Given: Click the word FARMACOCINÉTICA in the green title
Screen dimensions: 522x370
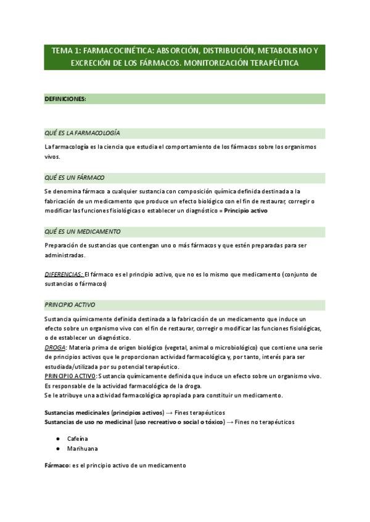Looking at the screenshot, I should (x=107, y=51).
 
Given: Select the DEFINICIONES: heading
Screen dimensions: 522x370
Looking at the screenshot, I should (x=65, y=98).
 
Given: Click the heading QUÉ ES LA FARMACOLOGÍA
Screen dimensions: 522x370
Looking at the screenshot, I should (x=82, y=133).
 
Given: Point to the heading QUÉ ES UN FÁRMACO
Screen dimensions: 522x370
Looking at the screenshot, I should (x=75, y=177).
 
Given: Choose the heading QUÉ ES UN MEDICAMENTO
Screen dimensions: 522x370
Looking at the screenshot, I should (x=83, y=231).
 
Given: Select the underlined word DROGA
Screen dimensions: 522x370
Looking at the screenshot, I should (x=55, y=348).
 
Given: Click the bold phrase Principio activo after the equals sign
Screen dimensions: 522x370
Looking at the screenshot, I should (x=245, y=211).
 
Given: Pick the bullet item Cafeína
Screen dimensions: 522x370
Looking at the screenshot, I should (x=78, y=438).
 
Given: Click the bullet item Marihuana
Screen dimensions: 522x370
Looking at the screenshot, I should (x=83, y=449).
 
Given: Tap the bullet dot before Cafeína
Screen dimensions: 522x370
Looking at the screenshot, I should (x=57, y=438).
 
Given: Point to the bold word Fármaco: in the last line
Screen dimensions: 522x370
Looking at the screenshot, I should (x=57, y=466).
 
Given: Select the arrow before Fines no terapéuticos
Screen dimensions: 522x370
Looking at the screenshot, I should (x=231, y=422).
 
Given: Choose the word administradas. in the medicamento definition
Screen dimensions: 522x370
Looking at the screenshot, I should (x=65, y=255).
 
